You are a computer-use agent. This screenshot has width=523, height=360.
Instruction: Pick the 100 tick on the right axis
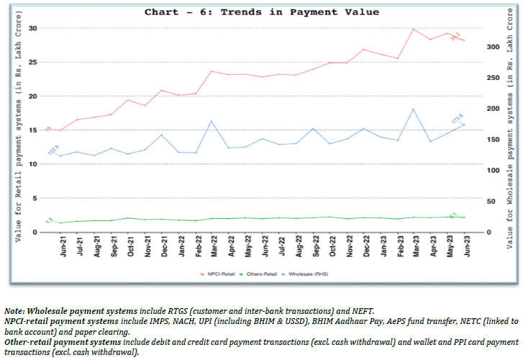(491, 170)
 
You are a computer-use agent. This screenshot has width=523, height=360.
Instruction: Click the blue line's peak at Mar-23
(414, 109)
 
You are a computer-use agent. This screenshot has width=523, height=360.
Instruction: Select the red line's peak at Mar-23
(414, 29)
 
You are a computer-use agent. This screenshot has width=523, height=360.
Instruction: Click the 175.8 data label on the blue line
(456, 119)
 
